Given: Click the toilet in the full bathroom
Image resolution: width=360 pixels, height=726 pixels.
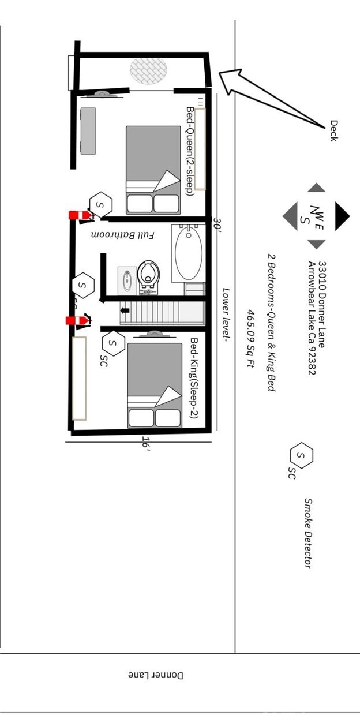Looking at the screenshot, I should [148, 274].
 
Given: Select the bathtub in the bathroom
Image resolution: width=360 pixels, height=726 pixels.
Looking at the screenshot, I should [188, 252].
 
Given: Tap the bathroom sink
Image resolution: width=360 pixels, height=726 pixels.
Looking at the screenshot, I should [127, 280].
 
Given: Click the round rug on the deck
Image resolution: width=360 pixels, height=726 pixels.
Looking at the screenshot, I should [148, 70].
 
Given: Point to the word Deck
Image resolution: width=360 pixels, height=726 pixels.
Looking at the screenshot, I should [333, 130].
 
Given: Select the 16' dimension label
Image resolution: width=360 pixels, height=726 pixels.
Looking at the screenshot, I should [147, 443].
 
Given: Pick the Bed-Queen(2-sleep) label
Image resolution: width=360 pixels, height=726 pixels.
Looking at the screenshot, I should [189, 151].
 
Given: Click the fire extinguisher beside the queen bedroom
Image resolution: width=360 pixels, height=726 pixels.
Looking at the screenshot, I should [80, 215].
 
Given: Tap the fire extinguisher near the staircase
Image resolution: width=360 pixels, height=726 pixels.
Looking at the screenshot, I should [77, 320].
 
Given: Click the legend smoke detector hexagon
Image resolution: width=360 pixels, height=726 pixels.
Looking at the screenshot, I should [301, 455].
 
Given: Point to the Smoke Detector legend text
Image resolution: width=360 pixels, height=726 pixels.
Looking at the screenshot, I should [308, 533].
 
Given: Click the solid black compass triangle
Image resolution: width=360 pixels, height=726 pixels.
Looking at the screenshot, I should [342, 215].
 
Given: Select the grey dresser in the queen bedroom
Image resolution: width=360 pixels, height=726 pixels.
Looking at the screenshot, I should [88, 131].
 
